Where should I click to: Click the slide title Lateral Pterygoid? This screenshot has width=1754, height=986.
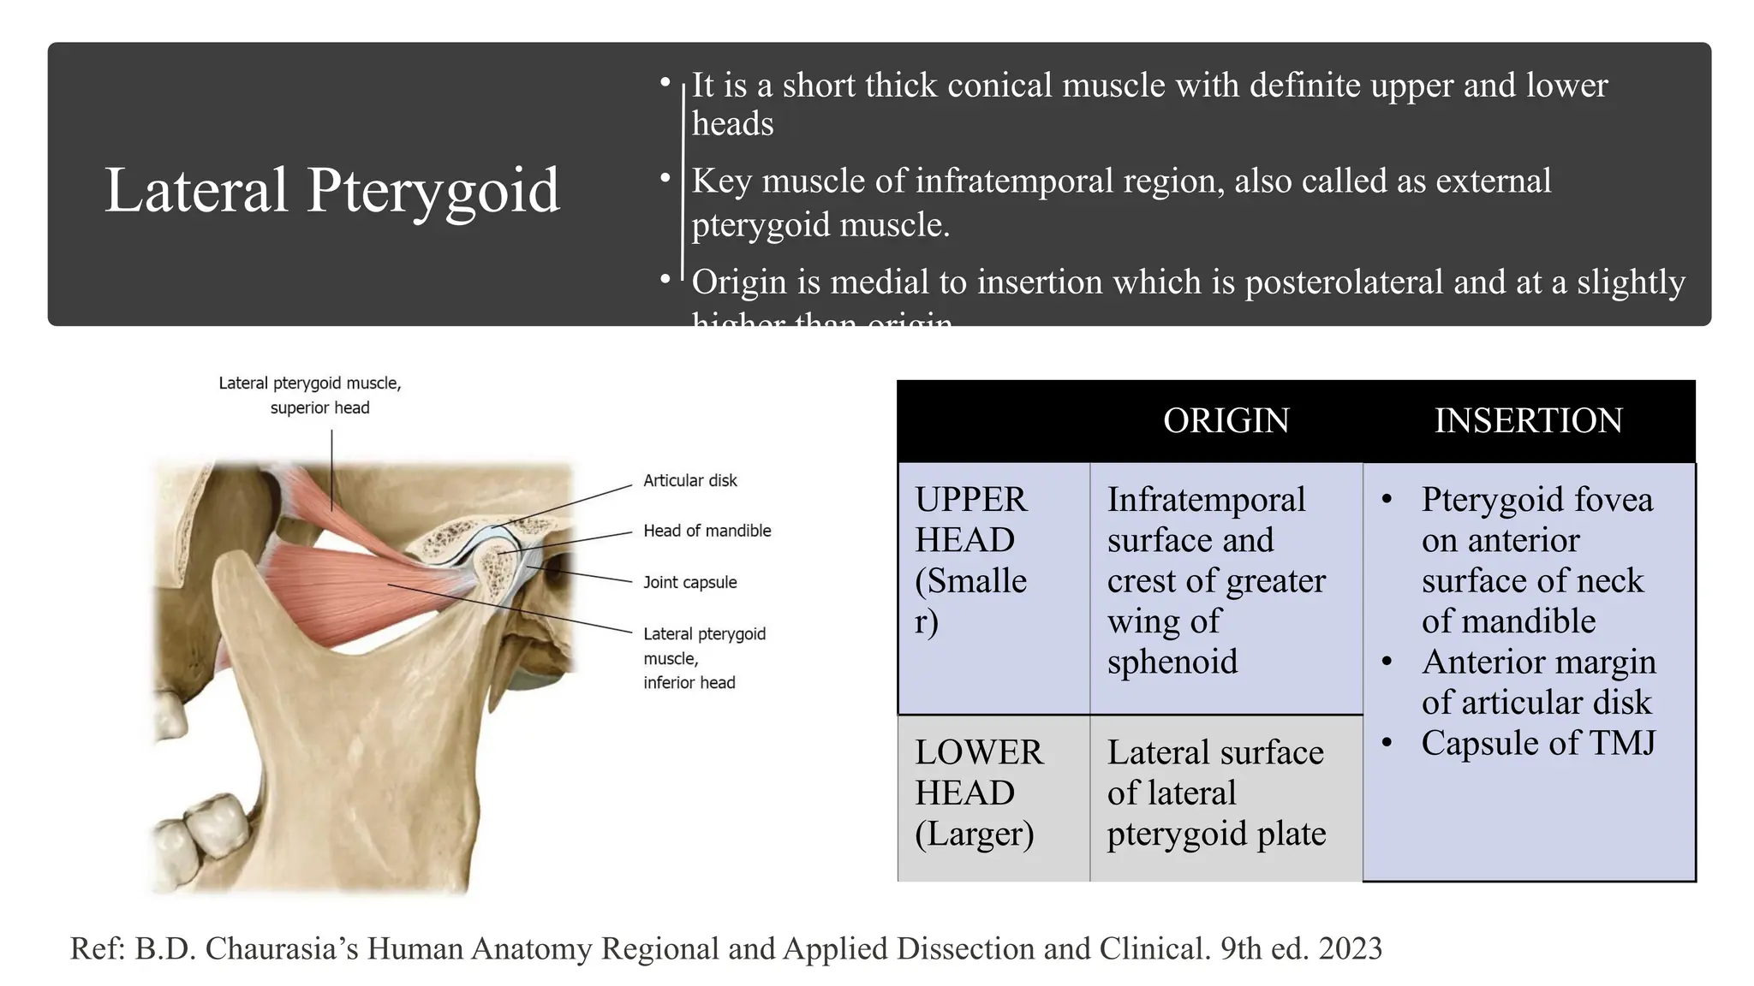[332, 190]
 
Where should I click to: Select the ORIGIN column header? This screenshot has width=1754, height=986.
[1226, 421]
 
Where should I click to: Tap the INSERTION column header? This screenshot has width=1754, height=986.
[1528, 421]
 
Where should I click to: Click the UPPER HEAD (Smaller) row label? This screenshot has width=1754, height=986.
[971, 560]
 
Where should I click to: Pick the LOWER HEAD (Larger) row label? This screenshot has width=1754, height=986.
[979, 793]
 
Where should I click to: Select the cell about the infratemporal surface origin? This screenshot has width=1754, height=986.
[1215, 580]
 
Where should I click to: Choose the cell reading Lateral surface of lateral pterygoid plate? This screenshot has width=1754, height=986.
[1216, 793]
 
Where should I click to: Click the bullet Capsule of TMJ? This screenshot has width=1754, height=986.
[1538, 743]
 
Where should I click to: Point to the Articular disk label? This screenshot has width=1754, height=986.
[689, 481]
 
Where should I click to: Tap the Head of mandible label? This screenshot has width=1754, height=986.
[707, 531]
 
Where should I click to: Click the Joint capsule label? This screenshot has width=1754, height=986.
[689, 582]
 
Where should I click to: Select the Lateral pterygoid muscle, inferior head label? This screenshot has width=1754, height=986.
[703, 657]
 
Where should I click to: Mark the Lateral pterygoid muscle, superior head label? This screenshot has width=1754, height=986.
[310, 395]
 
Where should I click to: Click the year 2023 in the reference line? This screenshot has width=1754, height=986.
[1351, 948]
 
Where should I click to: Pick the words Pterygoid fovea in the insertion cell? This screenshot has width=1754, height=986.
[1536, 500]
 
